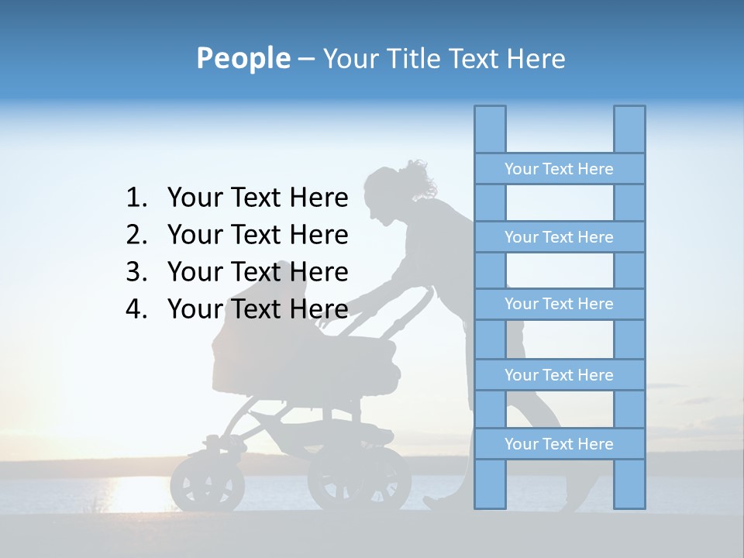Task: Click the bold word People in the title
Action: pos(243,58)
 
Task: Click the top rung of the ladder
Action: pos(559,169)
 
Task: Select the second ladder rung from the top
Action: pos(559,237)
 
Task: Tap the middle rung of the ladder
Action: pos(559,304)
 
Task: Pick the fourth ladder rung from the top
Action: pos(559,375)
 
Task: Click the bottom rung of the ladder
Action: pos(559,444)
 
